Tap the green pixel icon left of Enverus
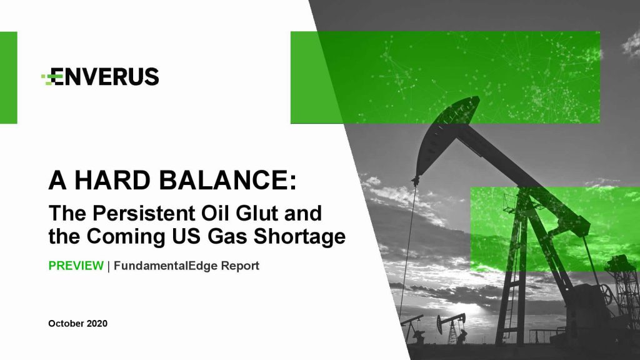47,77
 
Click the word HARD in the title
112,180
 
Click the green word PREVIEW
76,266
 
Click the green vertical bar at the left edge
9,77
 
